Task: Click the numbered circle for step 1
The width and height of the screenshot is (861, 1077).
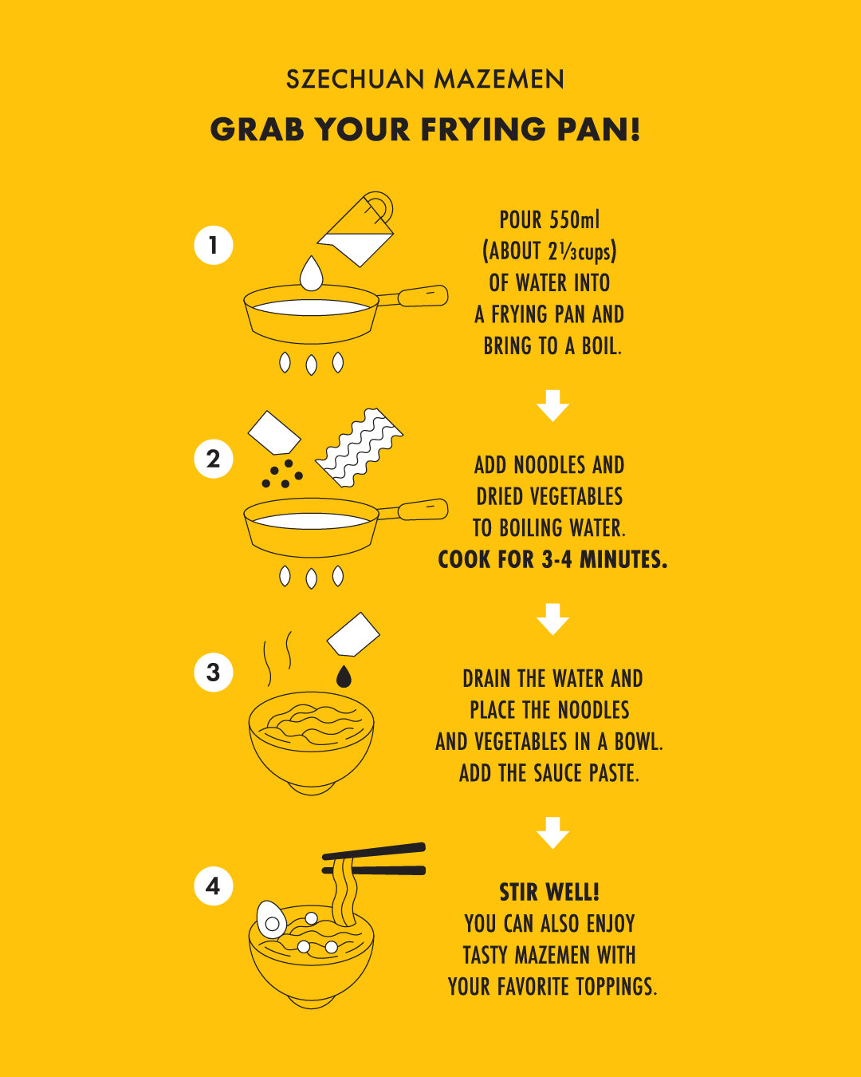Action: (213, 245)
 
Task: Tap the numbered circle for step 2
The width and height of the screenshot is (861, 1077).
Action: (213, 459)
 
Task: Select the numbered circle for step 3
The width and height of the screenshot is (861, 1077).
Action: (213, 673)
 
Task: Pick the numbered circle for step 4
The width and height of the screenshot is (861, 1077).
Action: (213, 886)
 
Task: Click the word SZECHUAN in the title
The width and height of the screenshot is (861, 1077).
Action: (356, 79)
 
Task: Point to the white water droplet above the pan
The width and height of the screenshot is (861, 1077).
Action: (311, 274)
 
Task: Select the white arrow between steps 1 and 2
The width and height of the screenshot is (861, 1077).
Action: (552, 406)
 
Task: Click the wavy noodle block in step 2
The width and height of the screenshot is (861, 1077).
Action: (360, 448)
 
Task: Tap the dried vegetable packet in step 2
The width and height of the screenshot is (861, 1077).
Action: (274, 432)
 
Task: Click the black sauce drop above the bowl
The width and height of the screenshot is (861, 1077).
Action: (344, 677)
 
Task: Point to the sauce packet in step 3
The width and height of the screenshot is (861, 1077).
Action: (353, 634)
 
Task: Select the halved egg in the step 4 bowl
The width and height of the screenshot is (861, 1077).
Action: (271, 920)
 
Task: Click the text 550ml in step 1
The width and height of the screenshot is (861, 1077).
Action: (574, 219)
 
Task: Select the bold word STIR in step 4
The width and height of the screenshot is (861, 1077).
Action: (521, 893)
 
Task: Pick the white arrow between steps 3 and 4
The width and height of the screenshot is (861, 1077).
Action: (552, 833)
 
